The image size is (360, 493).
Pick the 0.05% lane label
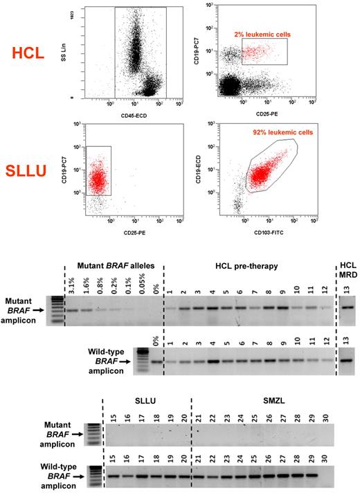141,285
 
